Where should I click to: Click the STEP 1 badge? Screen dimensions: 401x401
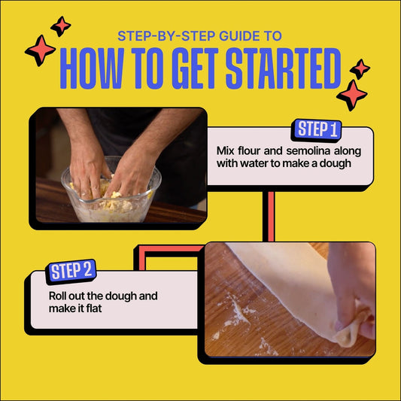pyautogui.click(x=316, y=130)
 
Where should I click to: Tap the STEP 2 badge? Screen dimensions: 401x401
pyautogui.click(x=71, y=272)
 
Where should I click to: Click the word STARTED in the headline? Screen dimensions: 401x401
pyautogui.click(x=284, y=68)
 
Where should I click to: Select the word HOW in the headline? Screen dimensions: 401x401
pyautogui.click(x=92, y=68)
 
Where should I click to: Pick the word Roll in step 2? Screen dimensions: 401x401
pyautogui.click(x=57, y=296)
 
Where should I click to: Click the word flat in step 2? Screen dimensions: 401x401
pyautogui.click(x=93, y=308)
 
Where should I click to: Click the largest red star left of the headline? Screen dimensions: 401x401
pyautogui.click(x=40, y=50)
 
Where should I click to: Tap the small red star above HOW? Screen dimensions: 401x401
pyautogui.click(x=61, y=26)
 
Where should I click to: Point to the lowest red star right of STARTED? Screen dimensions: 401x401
pyautogui.click(x=352, y=95)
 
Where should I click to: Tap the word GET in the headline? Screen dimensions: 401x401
pyautogui.click(x=195, y=68)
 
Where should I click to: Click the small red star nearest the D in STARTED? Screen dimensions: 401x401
pyautogui.click(x=360, y=69)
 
